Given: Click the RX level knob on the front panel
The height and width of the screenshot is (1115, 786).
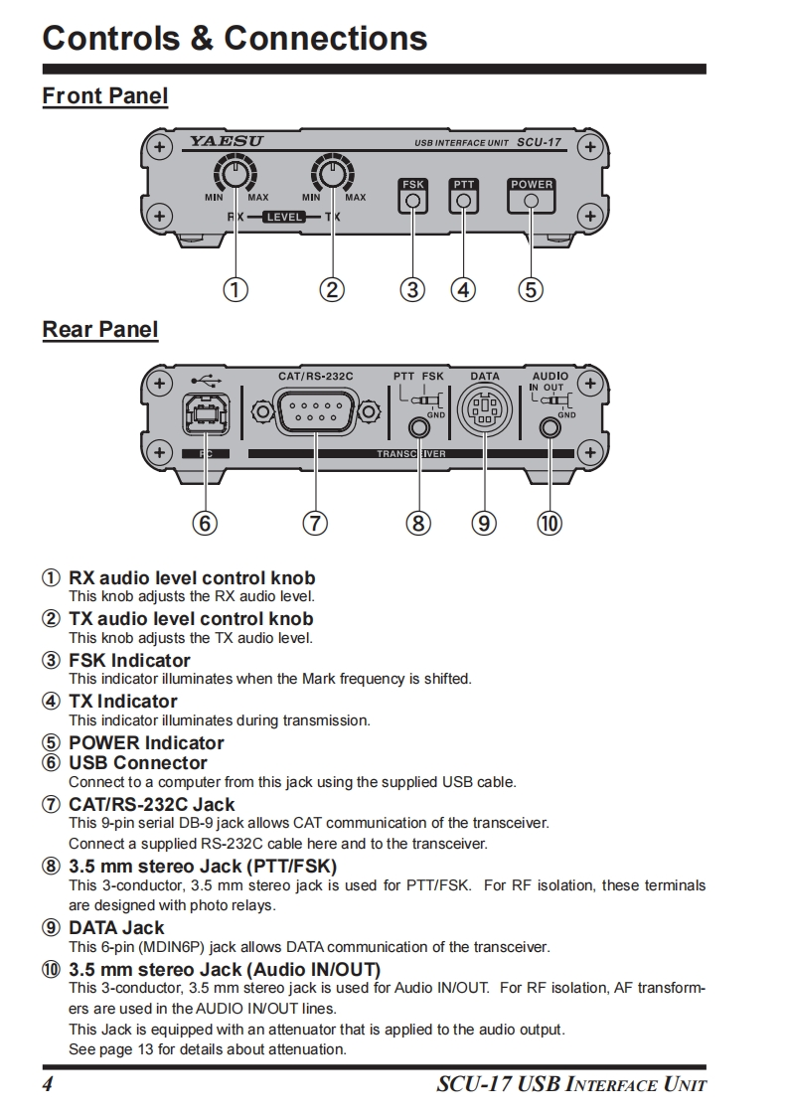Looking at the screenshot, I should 235,176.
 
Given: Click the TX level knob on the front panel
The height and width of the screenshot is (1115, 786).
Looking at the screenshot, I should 331,176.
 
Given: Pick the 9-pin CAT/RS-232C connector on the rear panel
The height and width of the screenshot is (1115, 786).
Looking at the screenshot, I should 316,410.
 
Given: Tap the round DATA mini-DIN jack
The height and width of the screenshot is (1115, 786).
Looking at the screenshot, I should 484,409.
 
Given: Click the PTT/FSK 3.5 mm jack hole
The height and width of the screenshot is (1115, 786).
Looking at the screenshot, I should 419,428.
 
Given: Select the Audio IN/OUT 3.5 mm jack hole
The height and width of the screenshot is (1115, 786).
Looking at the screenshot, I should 549,428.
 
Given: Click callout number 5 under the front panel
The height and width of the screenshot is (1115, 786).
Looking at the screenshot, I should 531,289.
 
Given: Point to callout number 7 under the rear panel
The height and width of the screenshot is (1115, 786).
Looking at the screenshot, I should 315,523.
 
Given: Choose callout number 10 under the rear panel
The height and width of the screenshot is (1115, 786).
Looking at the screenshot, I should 549,523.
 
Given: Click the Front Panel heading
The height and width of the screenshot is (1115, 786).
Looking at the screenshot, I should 105,96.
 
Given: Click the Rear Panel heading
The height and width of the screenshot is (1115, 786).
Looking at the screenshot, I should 100,329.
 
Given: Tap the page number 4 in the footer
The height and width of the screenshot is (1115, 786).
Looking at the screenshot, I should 47,1083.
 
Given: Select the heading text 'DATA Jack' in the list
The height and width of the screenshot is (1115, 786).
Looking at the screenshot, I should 116,927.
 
